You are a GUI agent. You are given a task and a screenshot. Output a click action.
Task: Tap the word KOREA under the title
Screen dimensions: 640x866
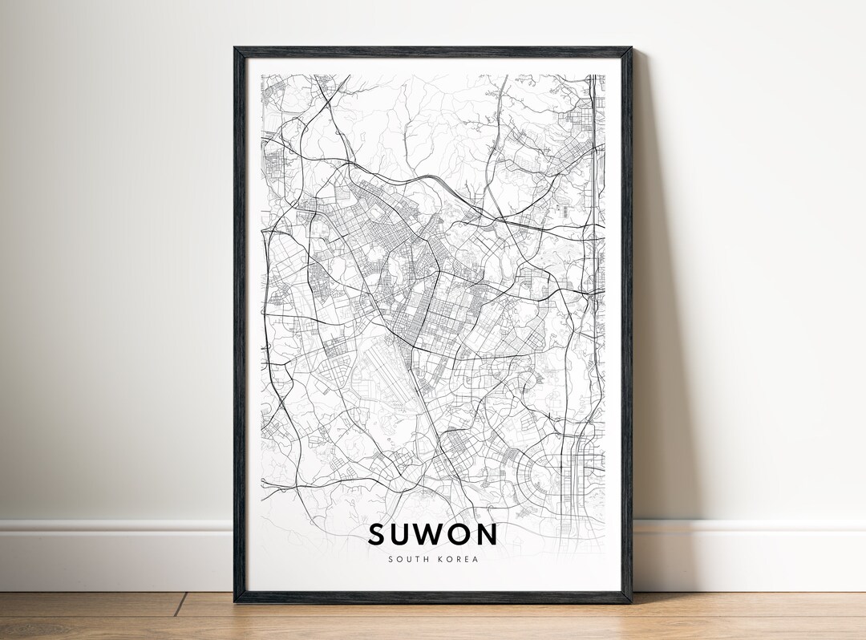tap(458, 559)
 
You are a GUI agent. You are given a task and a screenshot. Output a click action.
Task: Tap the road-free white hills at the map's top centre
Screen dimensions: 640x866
tap(433, 120)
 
